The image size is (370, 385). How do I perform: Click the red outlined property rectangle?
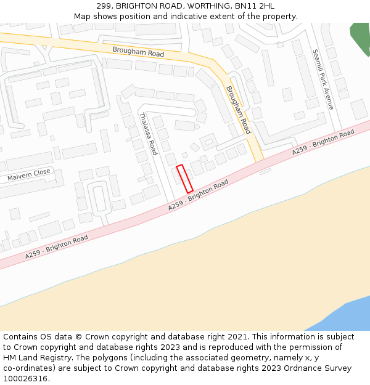(184, 179)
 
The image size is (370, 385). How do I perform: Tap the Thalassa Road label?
(148, 133)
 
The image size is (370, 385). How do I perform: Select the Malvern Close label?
(29, 176)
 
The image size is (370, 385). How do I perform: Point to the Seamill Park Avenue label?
(323, 79)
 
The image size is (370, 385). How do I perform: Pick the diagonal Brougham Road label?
(238, 110)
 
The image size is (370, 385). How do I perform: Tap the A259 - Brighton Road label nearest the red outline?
(199, 195)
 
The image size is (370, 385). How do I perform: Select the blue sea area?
(345, 314)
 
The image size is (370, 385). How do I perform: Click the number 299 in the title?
(104, 6)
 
